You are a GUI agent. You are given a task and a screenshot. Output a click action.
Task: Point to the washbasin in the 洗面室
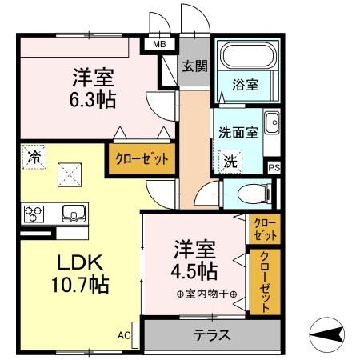click(271, 123)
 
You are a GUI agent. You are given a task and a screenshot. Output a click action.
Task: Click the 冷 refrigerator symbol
click(34, 157)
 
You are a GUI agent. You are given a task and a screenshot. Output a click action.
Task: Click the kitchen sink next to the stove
click(70, 214)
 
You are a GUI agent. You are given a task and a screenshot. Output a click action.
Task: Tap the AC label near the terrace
click(124, 335)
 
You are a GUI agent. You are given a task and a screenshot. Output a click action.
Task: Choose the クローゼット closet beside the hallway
click(141, 158)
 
